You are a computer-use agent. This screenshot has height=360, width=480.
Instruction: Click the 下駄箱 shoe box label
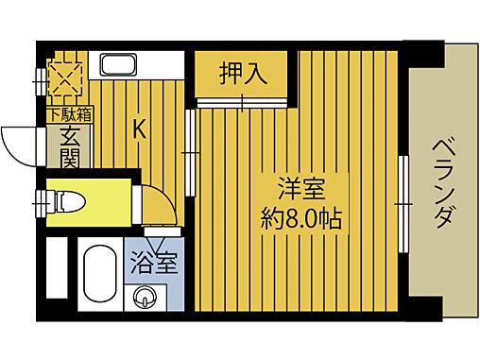[70, 115]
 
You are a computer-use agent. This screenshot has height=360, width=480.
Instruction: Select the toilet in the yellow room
[66, 201]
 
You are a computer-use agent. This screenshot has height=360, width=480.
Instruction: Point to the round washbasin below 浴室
[145, 298]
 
